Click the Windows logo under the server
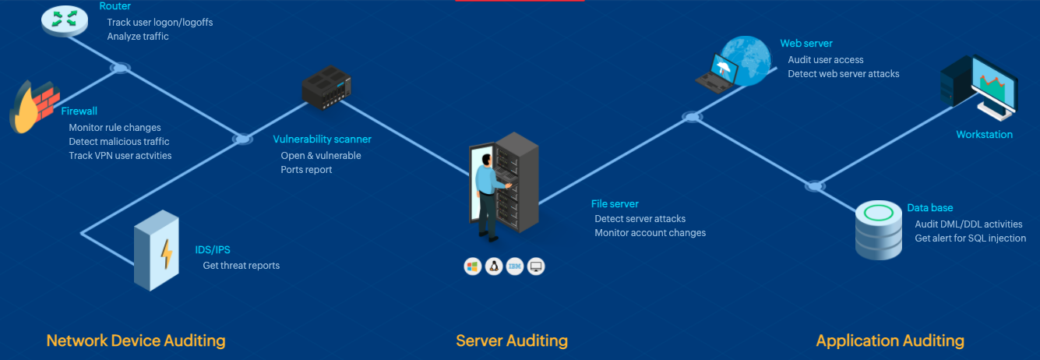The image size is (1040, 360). pyautogui.click(x=472, y=266)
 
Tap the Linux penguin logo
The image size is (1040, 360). pyautogui.click(x=493, y=266)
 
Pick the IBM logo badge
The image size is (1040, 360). pyautogui.click(x=514, y=266)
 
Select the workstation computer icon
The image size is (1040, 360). pyautogui.click(x=978, y=88)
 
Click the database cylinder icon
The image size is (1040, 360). pyautogui.click(x=878, y=229)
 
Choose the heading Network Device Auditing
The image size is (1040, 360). pyautogui.click(x=136, y=341)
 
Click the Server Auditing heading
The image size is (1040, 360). pyautogui.click(x=512, y=341)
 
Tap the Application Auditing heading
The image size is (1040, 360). pyautogui.click(x=890, y=341)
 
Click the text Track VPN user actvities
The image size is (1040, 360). pyautogui.click(x=120, y=156)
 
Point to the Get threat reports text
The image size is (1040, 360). pyautogui.click(x=241, y=266)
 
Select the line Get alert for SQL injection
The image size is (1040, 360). pyautogui.click(x=970, y=238)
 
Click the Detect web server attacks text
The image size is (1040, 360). pyautogui.click(x=843, y=74)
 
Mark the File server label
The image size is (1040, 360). pyautogui.click(x=615, y=204)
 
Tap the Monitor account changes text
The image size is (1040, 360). pyautogui.click(x=650, y=233)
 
